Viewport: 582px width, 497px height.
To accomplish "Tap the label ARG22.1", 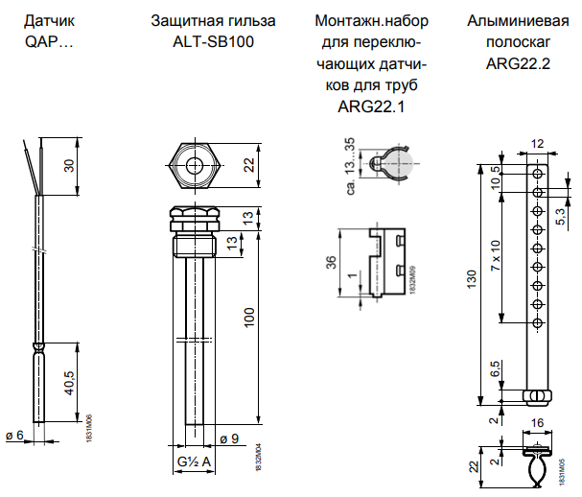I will pyautogui.click(x=372, y=106).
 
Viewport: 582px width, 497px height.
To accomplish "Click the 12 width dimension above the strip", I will pyautogui.click(x=537, y=143).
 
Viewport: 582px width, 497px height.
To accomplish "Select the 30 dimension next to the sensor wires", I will pyautogui.click(x=68, y=165).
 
